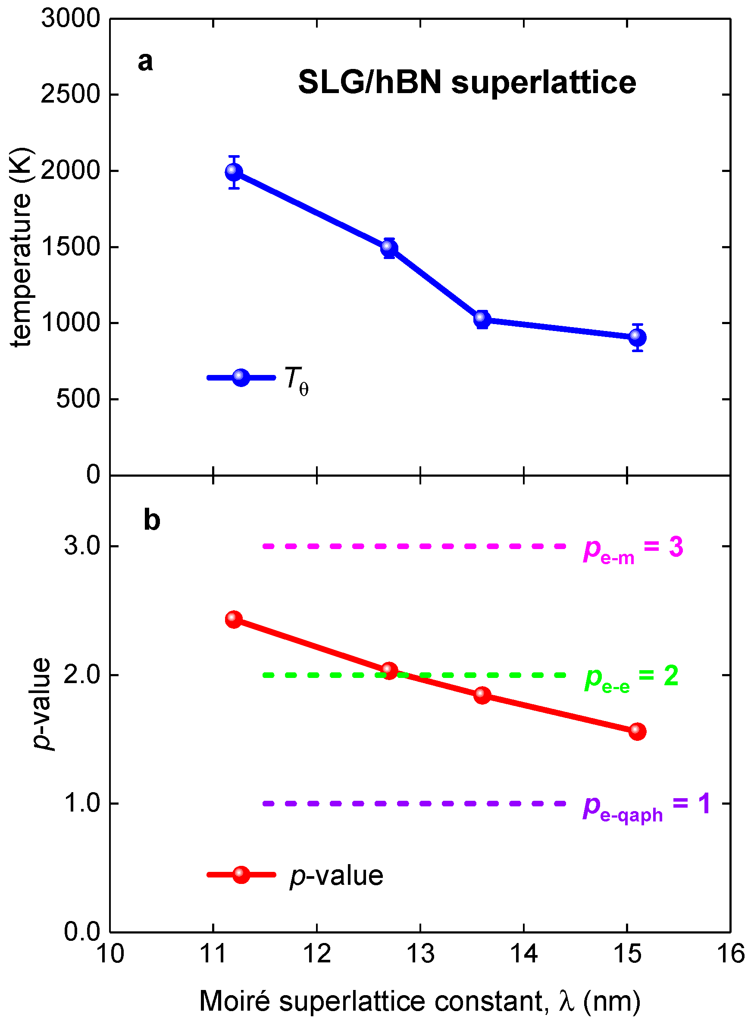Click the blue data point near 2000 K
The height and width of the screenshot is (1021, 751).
pyautogui.click(x=234, y=172)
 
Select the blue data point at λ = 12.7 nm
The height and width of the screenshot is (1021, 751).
pyautogui.click(x=389, y=248)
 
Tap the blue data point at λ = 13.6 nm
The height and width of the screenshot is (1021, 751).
pyautogui.click(x=482, y=319)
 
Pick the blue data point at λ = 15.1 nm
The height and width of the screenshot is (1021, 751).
pyautogui.click(x=637, y=337)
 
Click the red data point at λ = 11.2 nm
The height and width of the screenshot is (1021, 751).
pyautogui.click(x=234, y=619)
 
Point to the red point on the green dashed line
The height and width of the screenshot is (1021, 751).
pyautogui.click(x=389, y=670)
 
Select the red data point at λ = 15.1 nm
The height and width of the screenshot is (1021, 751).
pyautogui.click(x=637, y=731)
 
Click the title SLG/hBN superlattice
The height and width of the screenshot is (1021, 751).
pyautogui.click(x=467, y=83)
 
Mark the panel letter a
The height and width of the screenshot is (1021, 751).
pyautogui.click(x=145, y=61)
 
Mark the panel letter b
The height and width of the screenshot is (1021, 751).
pyautogui.click(x=152, y=520)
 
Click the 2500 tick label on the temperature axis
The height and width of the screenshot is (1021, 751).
pyautogui.click(x=70, y=94)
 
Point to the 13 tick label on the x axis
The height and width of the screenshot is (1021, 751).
pyautogui.click(x=420, y=953)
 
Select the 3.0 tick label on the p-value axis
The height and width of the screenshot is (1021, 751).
pyautogui.click(x=82, y=545)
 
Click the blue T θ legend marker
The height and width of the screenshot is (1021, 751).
pyautogui.click(x=241, y=377)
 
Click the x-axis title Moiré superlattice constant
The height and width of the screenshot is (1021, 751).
pyautogui.click(x=419, y=1001)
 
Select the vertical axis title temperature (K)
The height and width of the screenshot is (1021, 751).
pyautogui.click(x=22, y=247)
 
